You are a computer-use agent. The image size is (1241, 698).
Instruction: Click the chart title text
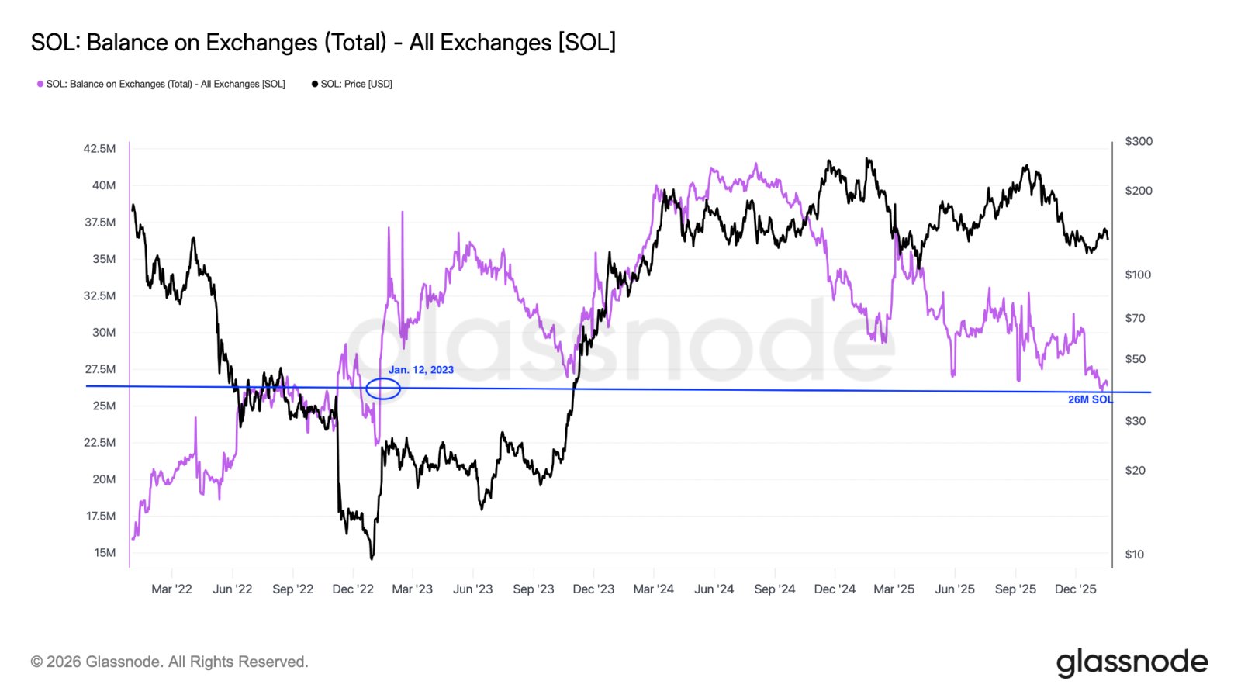pyautogui.click(x=323, y=43)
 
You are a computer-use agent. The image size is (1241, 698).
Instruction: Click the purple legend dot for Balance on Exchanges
pyautogui.click(x=40, y=84)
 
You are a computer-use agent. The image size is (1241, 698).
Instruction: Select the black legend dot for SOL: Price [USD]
pyautogui.click(x=315, y=84)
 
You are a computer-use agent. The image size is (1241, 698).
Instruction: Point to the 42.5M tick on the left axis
pyautogui.click(x=100, y=148)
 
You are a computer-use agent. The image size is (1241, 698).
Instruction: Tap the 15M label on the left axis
pyautogui.click(x=105, y=552)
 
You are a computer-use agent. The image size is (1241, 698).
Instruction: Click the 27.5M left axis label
pyautogui.click(x=101, y=369)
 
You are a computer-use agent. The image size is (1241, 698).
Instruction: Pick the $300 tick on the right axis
pyautogui.click(x=1139, y=141)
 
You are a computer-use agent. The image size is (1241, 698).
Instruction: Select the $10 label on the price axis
pyautogui.click(x=1135, y=554)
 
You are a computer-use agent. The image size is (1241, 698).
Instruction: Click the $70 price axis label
pyautogui.click(x=1135, y=318)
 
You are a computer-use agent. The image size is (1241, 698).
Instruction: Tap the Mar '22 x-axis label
pyautogui.click(x=171, y=589)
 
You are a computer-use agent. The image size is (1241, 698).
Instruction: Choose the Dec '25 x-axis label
pyautogui.click(x=1075, y=589)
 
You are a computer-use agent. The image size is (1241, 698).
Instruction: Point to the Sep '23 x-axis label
pyautogui.click(x=534, y=589)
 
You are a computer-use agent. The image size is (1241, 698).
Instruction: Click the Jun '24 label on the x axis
pyautogui.click(x=714, y=589)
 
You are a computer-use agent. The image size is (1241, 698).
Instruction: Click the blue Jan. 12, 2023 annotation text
pyautogui.click(x=421, y=370)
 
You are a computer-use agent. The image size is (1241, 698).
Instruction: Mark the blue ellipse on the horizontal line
pyautogui.click(x=383, y=389)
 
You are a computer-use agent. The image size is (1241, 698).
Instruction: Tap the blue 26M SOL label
pyautogui.click(x=1090, y=399)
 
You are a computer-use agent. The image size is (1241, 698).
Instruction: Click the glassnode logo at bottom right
pyautogui.click(x=1132, y=662)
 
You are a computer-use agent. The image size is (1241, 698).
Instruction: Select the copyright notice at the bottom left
pyautogui.click(x=170, y=662)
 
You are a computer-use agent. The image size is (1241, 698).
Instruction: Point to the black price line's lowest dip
pyautogui.click(x=372, y=556)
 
